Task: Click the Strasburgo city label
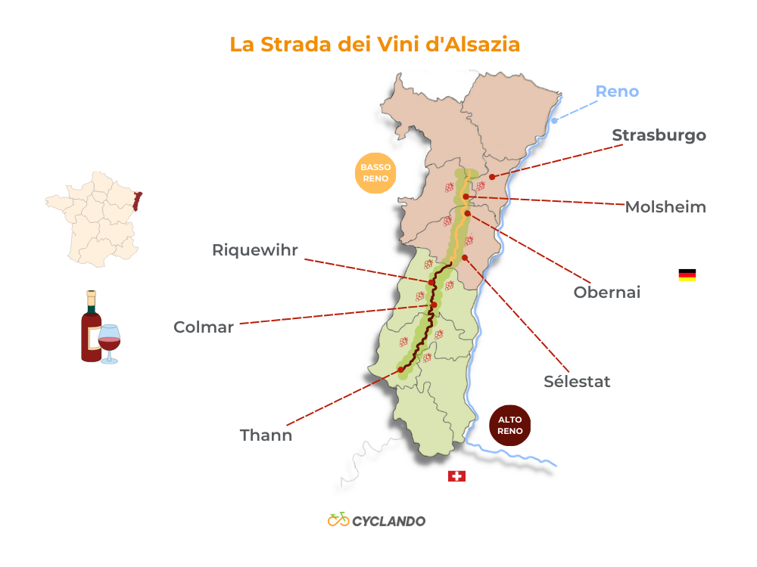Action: click(659, 135)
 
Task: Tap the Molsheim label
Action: click(665, 207)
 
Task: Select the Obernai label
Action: click(607, 292)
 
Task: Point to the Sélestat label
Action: click(577, 381)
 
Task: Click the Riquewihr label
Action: click(255, 250)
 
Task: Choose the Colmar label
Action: click(204, 327)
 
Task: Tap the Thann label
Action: click(266, 435)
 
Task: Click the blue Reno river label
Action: click(617, 91)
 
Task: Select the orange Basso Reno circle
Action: click(375, 173)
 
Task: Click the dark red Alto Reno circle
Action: click(510, 426)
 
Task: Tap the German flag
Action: click(687, 275)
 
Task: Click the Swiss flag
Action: click(456, 476)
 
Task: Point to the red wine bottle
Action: click(91, 327)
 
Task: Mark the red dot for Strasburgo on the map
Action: click(492, 177)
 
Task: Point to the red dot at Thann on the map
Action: click(400, 370)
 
